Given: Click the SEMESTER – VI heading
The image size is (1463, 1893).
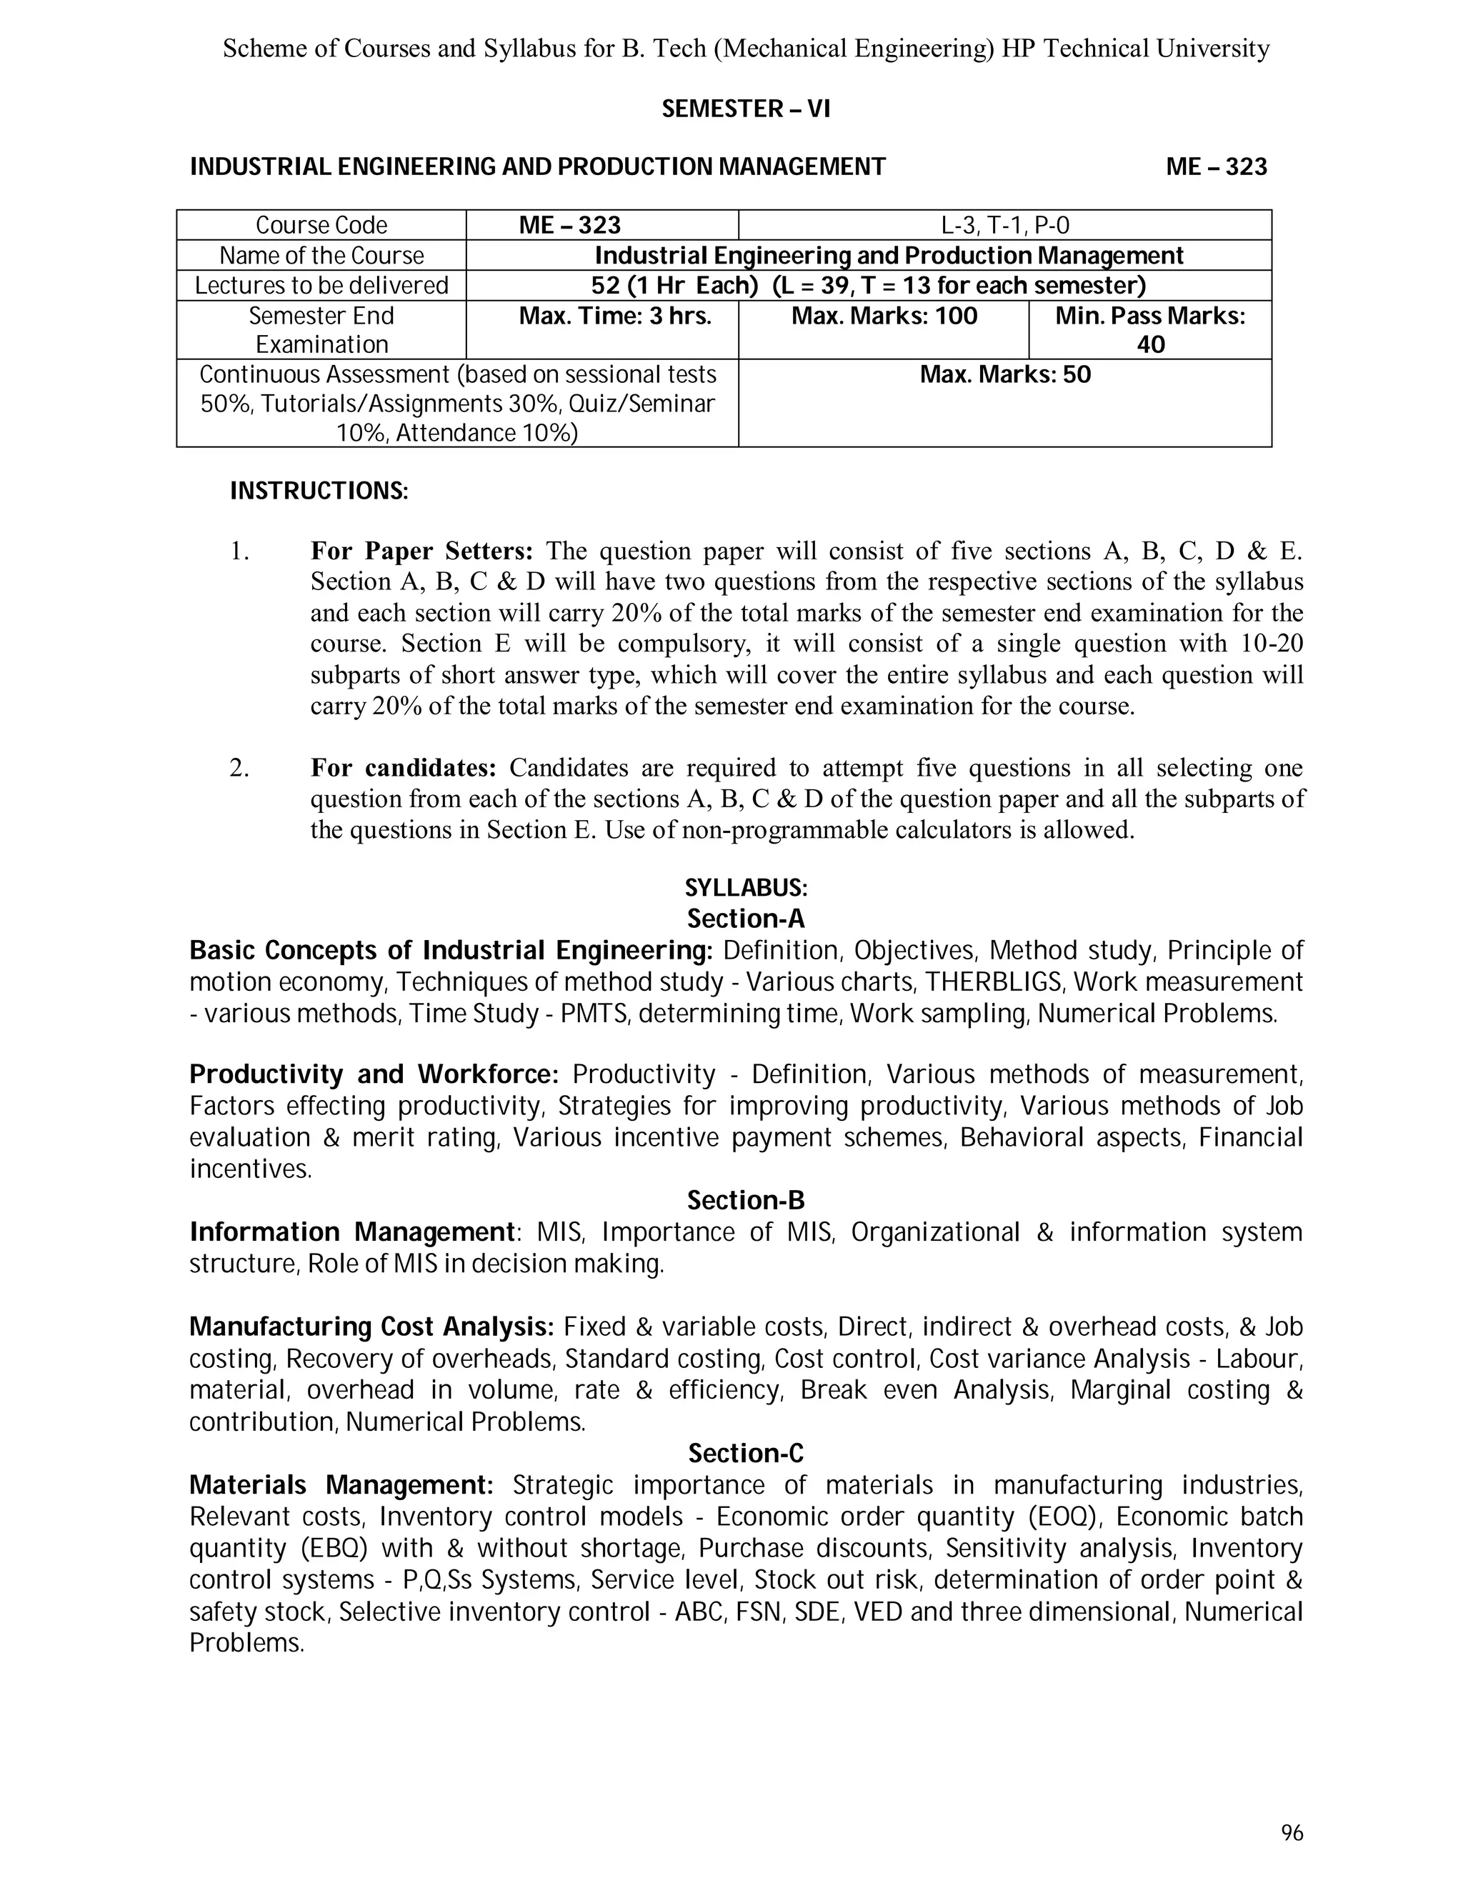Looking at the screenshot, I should coord(745,109).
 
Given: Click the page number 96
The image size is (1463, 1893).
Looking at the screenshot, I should coord(1292,1833).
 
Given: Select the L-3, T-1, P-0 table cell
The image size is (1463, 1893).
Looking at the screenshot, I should coord(1004,225).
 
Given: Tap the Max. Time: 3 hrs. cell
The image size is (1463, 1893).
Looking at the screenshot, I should coord(614,316).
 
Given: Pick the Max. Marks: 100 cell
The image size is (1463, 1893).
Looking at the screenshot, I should coord(884,316).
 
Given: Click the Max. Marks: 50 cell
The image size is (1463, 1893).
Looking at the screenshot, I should coord(1004,375).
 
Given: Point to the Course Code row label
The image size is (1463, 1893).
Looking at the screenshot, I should coord(321,225).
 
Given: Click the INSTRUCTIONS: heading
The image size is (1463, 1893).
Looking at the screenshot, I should coord(318,491).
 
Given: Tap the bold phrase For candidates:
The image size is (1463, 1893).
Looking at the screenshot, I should coord(403,768).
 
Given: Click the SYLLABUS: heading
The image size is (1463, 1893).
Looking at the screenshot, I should coord(745,889).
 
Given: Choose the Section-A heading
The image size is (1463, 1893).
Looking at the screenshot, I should coord(745,919).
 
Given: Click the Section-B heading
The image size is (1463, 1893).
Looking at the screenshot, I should coord(745,1201).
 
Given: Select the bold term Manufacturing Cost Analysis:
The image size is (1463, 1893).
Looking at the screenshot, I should coord(371,1327).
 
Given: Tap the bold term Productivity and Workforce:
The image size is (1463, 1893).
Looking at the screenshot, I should coord(374,1075).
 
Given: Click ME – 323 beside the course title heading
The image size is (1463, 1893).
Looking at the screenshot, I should coord(1216,166).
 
